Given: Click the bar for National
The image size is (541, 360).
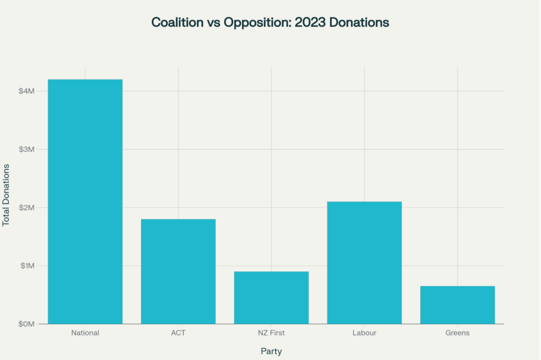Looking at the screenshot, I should (x=85, y=201).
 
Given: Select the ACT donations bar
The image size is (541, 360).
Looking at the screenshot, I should (x=178, y=271).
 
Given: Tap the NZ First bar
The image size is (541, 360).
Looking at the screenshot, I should (x=271, y=297).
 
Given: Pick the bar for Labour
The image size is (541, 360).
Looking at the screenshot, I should (x=364, y=263).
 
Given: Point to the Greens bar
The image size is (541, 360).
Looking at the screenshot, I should (x=457, y=305).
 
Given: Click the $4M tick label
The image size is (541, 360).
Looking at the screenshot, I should (x=27, y=91).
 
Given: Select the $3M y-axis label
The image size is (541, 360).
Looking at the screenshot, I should (x=27, y=150).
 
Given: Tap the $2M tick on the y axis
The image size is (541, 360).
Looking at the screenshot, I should (x=27, y=208).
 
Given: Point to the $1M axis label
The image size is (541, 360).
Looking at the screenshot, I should (x=27, y=266).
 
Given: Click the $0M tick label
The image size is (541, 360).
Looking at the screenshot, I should (x=27, y=324).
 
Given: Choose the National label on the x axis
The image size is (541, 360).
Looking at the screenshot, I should (x=85, y=333).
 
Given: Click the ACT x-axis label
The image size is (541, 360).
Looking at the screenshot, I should (x=178, y=333).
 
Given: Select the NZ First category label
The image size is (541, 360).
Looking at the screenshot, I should (x=271, y=333).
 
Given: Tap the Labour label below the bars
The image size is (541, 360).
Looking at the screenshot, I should (x=364, y=333).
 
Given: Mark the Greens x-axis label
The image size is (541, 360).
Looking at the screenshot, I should (x=457, y=333).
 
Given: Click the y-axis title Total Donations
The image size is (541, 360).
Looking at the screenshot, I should (x=6, y=195).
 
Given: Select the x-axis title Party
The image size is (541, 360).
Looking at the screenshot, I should (x=271, y=351).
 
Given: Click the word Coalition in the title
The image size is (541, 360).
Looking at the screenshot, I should (x=176, y=23).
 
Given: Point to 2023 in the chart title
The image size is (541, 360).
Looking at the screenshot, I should (x=310, y=23).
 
